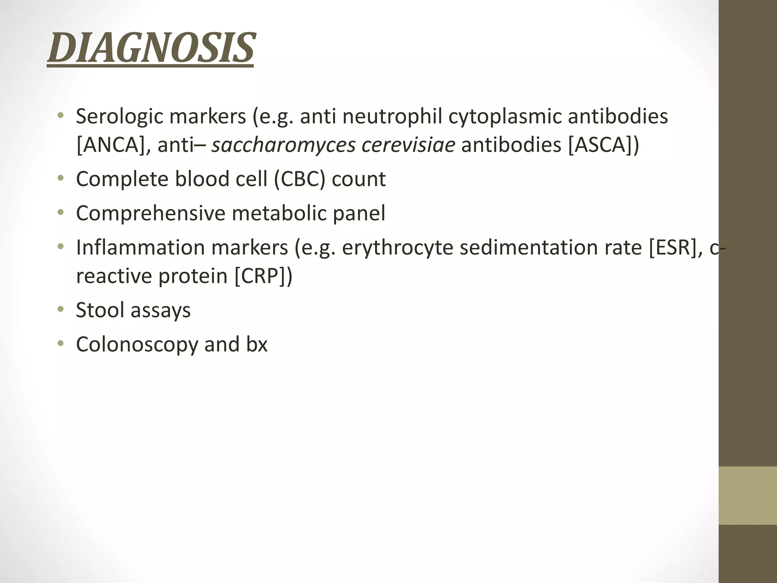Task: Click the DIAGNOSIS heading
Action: [151, 49]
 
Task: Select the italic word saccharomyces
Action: [283, 145]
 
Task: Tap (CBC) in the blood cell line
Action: [300, 179]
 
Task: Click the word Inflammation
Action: [140, 247]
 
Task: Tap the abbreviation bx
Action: [256, 344]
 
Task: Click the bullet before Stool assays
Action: [60, 310]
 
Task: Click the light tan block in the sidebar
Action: [747, 495]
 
